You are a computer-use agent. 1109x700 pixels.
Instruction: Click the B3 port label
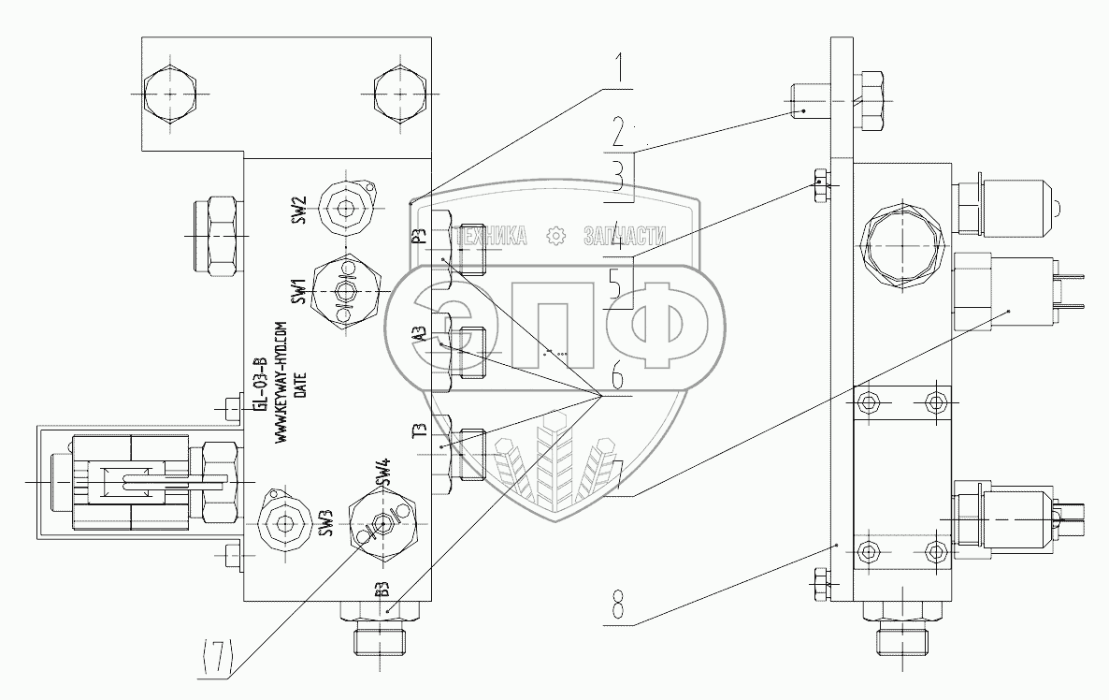click(x=382, y=590)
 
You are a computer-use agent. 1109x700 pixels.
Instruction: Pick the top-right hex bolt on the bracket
click(x=399, y=95)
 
